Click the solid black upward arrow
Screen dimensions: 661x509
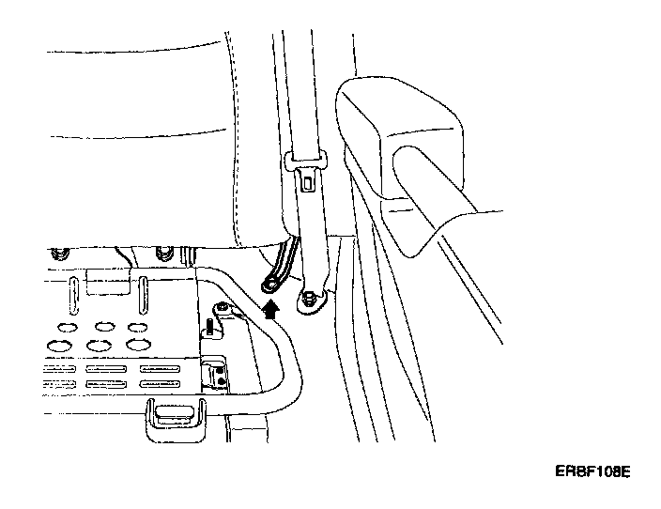[x=272, y=309]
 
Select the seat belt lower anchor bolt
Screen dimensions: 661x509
[x=308, y=300]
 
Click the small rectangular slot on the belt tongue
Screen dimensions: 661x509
[x=307, y=184]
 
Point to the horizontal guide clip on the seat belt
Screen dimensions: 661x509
[x=305, y=162]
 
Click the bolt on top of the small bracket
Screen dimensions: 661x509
[x=222, y=309]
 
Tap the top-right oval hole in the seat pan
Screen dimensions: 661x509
[x=138, y=328]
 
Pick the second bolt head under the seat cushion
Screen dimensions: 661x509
[x=165, y=251]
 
